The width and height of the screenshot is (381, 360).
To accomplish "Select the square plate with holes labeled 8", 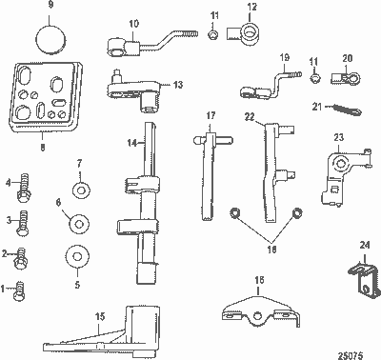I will pos(44,101).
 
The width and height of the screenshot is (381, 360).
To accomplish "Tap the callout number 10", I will pos(133,23).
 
